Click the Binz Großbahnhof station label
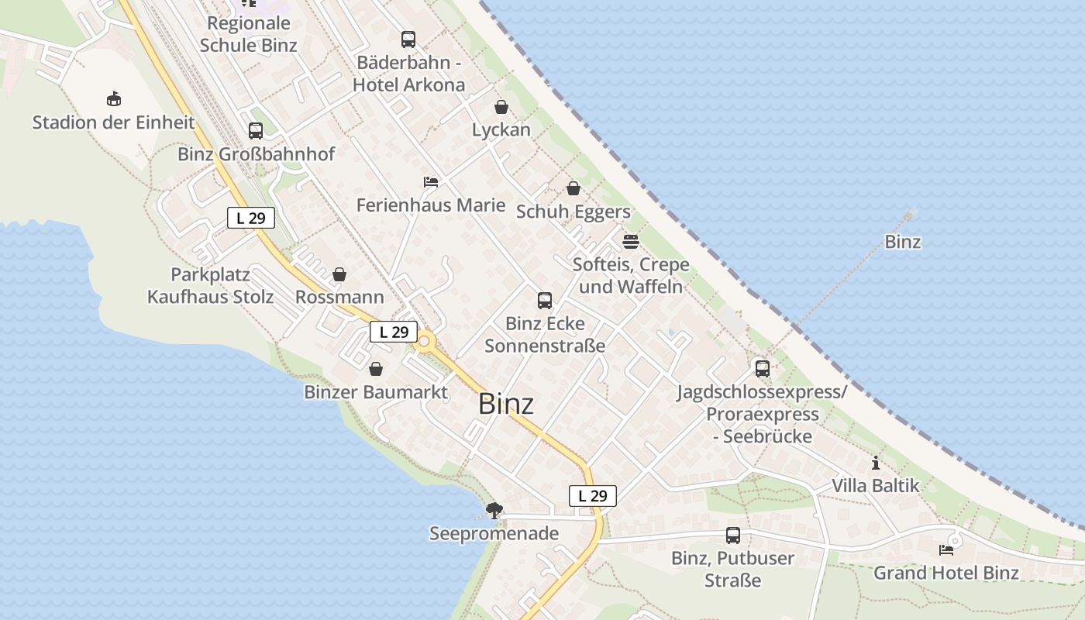pos(256,154)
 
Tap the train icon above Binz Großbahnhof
pos(256,131)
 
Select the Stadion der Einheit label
pos(113,122)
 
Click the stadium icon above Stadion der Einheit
pos(114,98)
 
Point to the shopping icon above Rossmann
pos(339,274)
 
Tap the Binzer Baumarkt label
pos(376,392)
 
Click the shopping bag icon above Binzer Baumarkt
pos(376,369)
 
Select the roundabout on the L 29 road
pos(424,341)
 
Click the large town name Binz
pos(506,404)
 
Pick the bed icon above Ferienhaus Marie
pos(431,182)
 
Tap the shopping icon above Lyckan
pos(501,107)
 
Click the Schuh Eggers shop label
pos(573,212)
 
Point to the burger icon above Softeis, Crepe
pos(630,241)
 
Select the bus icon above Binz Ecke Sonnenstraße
pos(545,301)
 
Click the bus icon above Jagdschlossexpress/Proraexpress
pos(763,369)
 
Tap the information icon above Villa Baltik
pos(876,463)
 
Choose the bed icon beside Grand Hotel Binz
pos(946,550)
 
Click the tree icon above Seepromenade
pos(494,510)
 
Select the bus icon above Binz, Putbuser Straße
pos(732,535)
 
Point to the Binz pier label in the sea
pos(903,242)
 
